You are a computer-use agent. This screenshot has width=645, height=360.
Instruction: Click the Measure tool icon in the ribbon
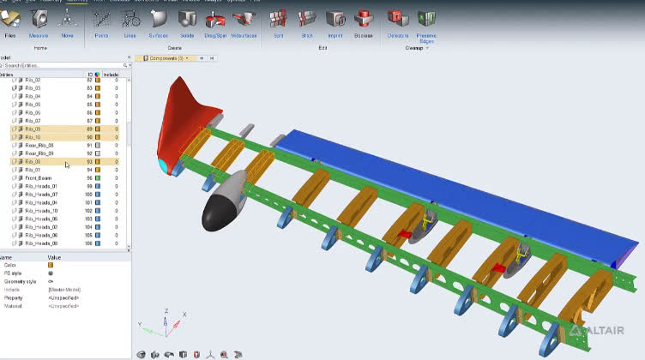[x=39, y=19]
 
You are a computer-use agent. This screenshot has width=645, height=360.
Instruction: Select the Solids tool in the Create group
[x=185, y=19]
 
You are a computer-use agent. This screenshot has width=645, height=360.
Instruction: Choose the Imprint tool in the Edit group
[x=335, y=19]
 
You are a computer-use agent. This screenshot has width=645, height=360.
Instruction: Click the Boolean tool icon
[x=363, y=19]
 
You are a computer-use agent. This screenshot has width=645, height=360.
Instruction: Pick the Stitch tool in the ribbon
[x=305, y=19]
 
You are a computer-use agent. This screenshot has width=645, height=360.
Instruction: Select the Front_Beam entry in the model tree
[x=39, y=178]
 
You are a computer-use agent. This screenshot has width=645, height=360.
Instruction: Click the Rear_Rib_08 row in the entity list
[x=40, y=146]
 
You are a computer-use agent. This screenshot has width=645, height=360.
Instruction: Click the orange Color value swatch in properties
[x=51, y=265]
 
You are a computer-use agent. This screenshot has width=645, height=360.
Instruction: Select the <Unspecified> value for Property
[x=65, y=297]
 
